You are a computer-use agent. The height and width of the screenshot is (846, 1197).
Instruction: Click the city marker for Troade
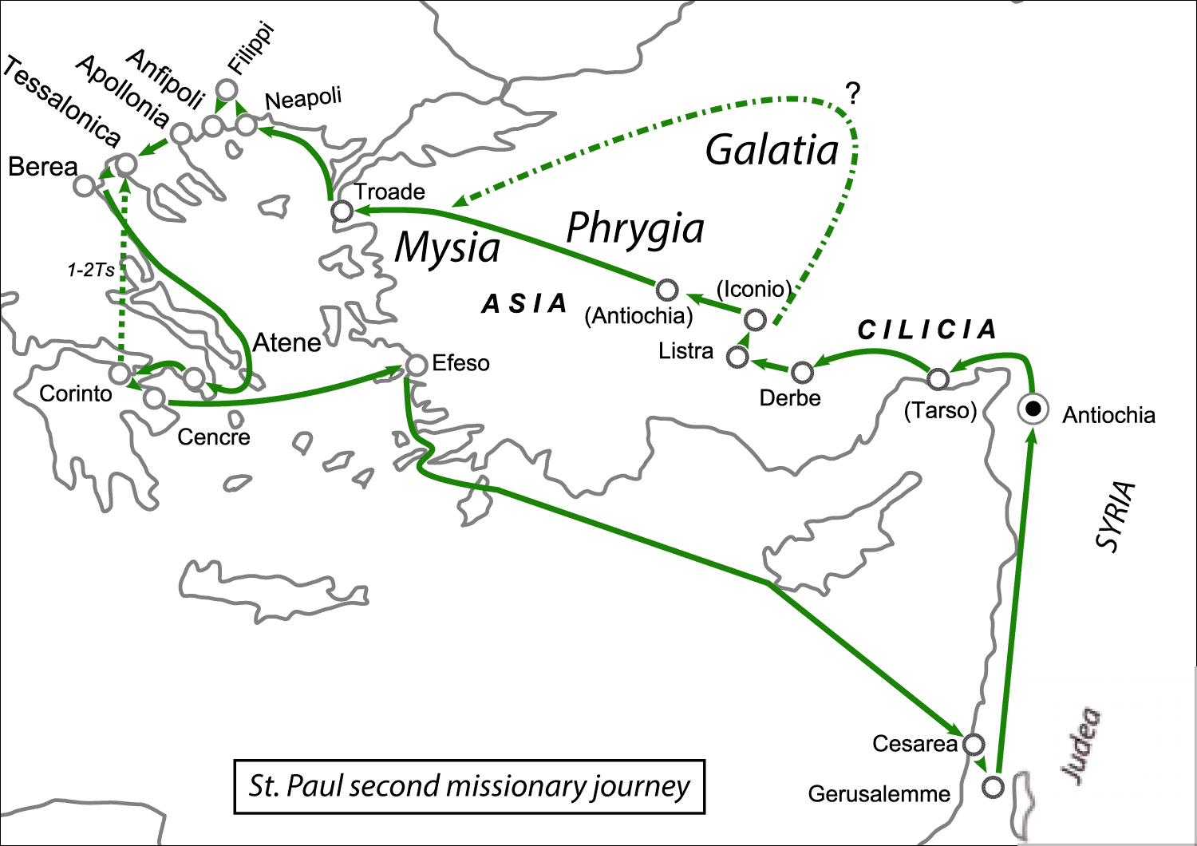(x=342, y=211)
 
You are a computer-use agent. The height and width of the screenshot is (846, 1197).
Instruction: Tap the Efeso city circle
(x=417, y=366)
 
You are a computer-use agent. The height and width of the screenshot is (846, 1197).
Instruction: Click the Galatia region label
(x=772, y=150)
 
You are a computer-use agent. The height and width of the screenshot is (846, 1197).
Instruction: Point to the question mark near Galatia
(x=853, y=95)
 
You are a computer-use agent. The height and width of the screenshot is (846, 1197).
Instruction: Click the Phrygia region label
(x=635, y=229)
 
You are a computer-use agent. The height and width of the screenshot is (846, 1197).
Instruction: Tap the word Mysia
(x=448, y=247)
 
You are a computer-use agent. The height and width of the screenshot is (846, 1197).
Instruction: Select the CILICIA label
(x=927, y=330)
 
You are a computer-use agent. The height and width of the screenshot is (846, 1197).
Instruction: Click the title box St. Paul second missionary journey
(x=469, y=786)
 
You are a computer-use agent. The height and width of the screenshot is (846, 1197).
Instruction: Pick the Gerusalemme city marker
(x=993, y=787)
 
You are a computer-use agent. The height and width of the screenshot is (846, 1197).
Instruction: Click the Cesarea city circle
(x=974, y=745)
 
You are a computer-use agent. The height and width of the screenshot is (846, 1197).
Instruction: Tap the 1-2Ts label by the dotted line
(x=90, y=271)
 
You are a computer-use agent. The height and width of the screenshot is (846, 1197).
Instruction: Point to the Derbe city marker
(x=802, y=372)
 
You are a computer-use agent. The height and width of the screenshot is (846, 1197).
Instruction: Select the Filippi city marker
(x=227, y=89)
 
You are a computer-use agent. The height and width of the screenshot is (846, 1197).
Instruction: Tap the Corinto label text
(x=76, y=393)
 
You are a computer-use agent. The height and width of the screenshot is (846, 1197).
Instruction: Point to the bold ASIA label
(x=524, y=304)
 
